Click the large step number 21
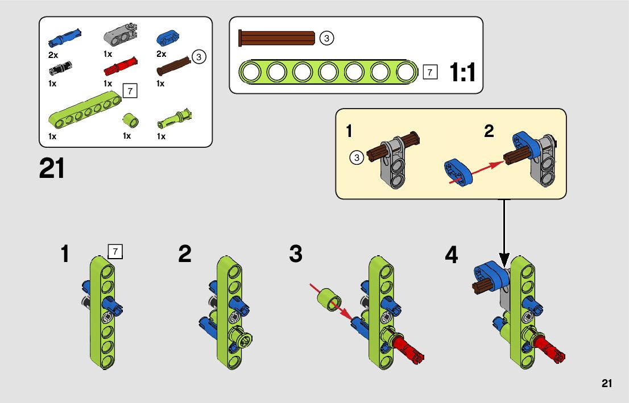click(x=52, y=169)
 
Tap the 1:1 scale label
click(x=462, y=73)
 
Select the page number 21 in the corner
click(x=606, y=384)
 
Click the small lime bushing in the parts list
click(x=131, y=120)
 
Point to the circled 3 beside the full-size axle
click(x=326, y=38)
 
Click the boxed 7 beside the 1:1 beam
click(x=430, y=72)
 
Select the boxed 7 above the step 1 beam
click(x=115, y=251)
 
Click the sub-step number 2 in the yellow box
click(x=489, y=132)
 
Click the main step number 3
click(x=296, y=254)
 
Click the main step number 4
click(x=451, y=255)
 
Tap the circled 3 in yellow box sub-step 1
click(x=357, y=158)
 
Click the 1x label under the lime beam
click(x=52, y=136)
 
